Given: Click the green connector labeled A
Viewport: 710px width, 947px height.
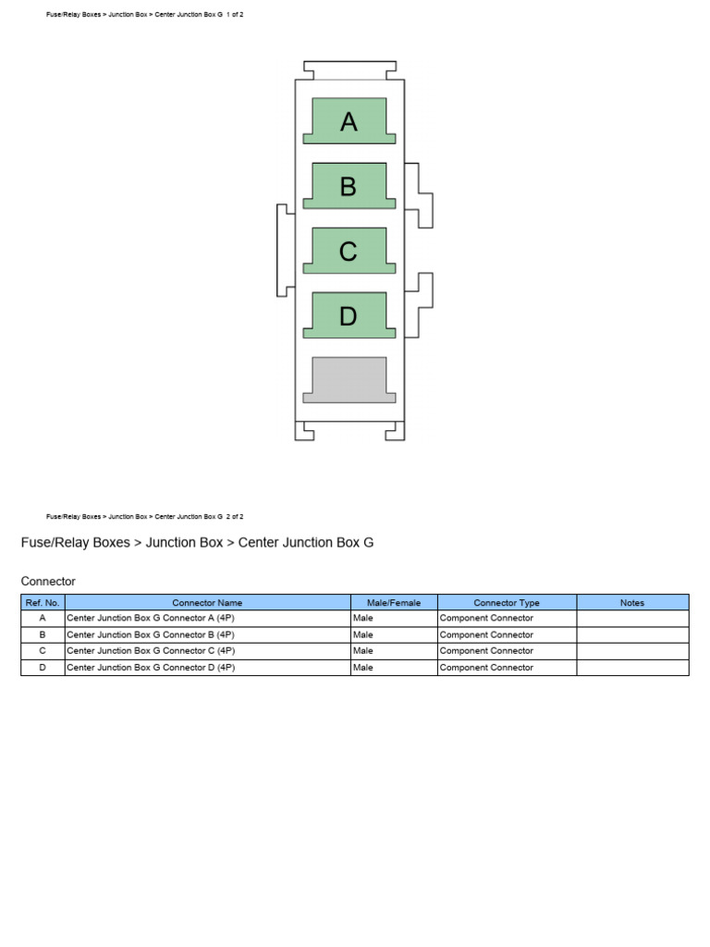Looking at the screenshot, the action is (x=349, y=121).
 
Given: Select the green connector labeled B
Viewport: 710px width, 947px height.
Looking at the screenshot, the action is (x=349, y=186).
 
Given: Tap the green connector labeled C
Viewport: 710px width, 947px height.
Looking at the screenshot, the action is (x=349, y=251).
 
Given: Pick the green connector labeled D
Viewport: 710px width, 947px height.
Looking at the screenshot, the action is (x=349, y=315).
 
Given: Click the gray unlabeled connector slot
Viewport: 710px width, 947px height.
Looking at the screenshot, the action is (x=349, y=380).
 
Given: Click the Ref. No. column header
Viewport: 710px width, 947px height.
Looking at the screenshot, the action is (x=43, y=602).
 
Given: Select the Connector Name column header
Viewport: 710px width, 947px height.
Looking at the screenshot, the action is (x=208, y=602).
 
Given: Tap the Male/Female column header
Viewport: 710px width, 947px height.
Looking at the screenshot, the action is (x=394, y=602).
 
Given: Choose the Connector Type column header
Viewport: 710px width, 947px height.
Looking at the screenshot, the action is (x=507, y=602).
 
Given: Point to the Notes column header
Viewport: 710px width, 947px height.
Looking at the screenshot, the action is (x=632, y=602).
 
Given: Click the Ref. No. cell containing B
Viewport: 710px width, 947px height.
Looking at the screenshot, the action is (x=43, y=634).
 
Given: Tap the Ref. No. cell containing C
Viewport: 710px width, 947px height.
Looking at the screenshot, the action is (x=43, y=651).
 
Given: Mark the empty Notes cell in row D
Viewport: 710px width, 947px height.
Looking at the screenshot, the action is (x=632, y=668).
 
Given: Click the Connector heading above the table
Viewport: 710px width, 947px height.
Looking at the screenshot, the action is (x=48, y=581).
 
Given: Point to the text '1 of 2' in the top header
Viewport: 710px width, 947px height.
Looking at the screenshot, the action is (x=235, y=15).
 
